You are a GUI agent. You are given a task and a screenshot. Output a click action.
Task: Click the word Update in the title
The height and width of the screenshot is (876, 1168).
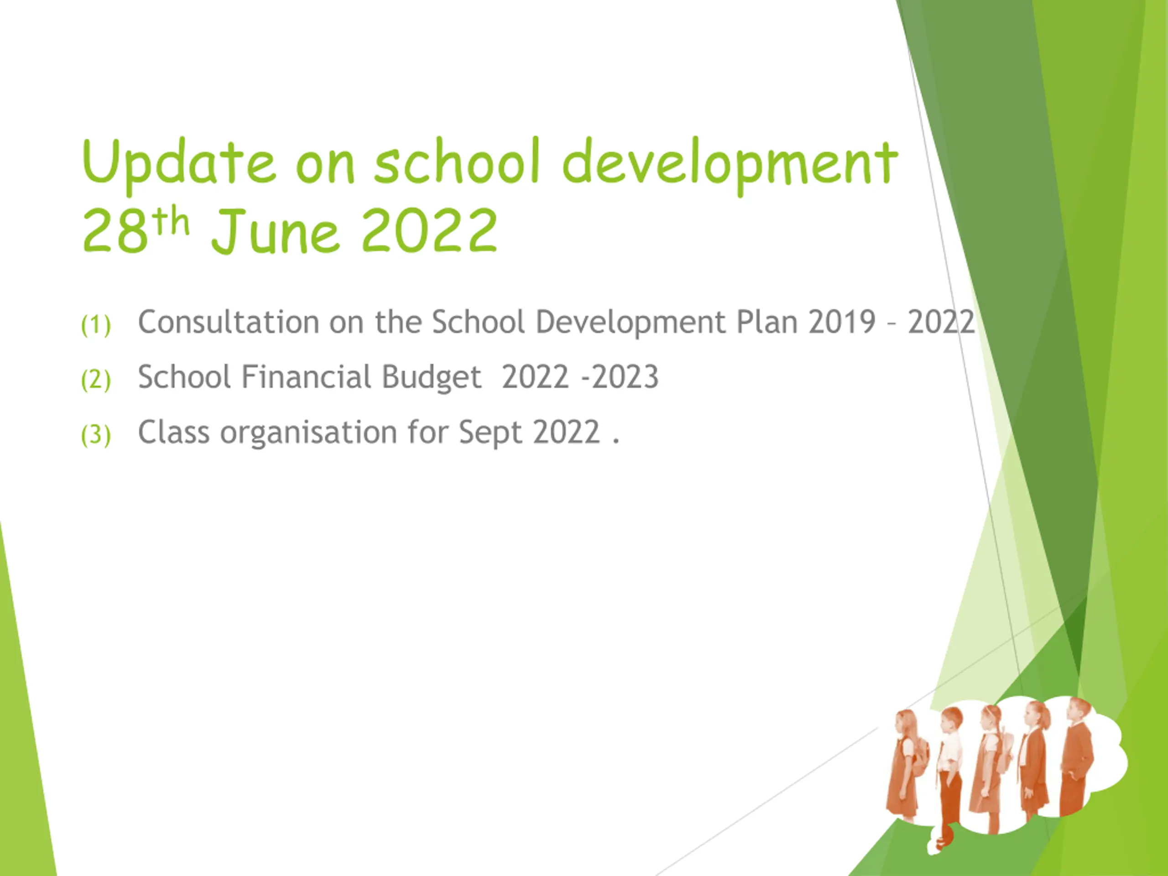coord(178,162)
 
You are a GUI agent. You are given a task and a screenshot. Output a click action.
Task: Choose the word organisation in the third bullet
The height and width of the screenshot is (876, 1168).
coord(308,433)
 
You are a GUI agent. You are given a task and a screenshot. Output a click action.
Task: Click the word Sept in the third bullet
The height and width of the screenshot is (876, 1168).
coord(490,433)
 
